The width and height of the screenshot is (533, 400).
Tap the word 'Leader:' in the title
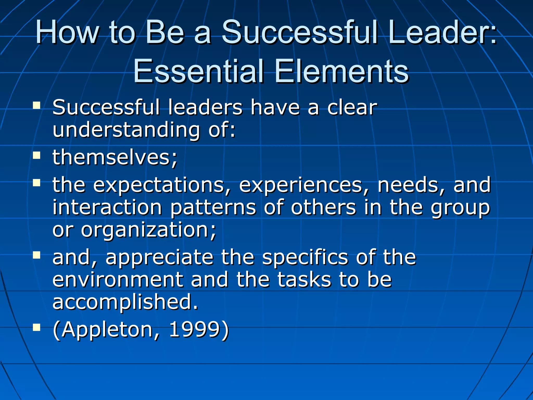coord(442,32)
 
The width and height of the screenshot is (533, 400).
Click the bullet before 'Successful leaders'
coord(37,105)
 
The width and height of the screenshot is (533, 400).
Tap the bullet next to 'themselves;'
coord(37,155)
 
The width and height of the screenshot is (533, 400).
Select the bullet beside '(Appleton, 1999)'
coord(37,327)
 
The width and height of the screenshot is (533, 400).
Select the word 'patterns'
coord(213,208)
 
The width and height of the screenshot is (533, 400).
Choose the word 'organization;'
coord(149,230)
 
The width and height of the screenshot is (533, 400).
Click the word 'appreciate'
coord(160,257)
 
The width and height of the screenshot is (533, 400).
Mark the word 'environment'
coord(118,279)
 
